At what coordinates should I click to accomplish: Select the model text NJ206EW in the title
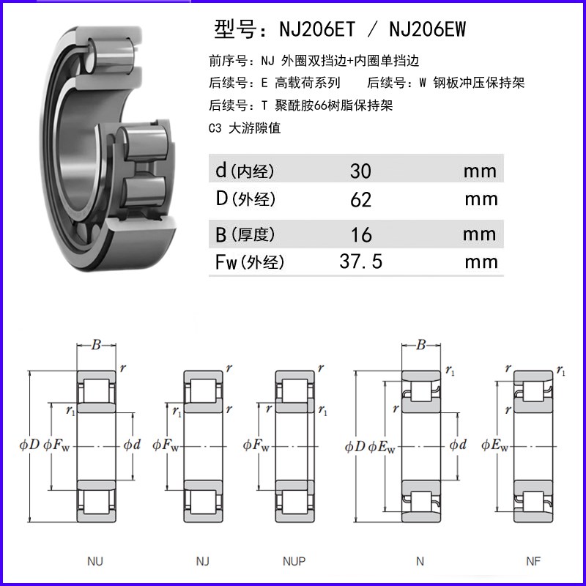(x=426, y=30)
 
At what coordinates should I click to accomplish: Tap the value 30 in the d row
(x=360, y=171)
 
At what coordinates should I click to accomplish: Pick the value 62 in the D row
(x=360, y=199)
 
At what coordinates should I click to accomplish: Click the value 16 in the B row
(x=360, y=234)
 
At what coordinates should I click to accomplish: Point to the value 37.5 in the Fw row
(x=361, y=262)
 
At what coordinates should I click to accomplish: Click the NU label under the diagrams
(x=95, y=562)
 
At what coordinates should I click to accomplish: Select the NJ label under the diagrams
(x=202, y=562)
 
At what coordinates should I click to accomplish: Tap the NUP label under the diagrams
(x=294, y=562)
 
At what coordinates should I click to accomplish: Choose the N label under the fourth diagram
(x=420, y=562)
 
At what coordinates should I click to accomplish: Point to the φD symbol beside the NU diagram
(x=29, y=445)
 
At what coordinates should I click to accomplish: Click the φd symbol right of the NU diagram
(x=132, y=445)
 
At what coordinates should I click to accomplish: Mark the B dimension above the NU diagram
(x=96, y=345)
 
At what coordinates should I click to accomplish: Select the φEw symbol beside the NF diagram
(x=495, y=445)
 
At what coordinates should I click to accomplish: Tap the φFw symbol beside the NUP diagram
(x=256, y=445)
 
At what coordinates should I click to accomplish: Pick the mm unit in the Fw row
(x=481, y=262)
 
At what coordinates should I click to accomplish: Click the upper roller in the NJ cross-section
(x=201, y=389)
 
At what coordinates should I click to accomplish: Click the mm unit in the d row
(x=481, y=171)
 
